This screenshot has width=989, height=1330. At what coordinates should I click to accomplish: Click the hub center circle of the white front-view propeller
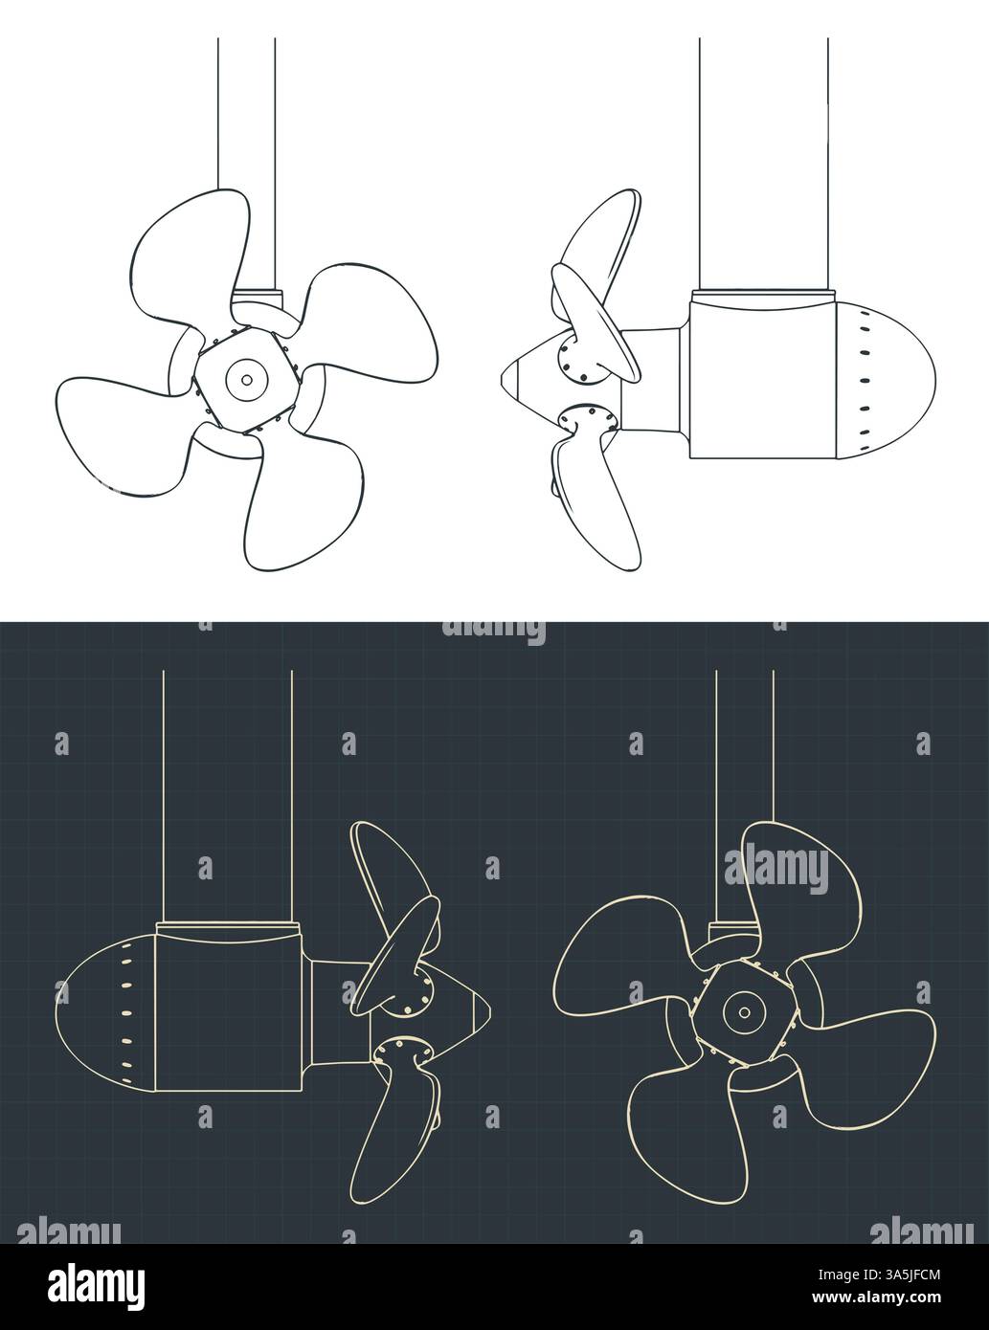(x=246, y=380)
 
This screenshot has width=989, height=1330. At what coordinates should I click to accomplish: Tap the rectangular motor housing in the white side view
(x=761, y=378)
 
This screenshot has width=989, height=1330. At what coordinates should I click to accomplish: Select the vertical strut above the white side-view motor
(x=763, y=163)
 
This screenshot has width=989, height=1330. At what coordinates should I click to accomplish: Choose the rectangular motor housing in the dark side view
(x=230, y=1005)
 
